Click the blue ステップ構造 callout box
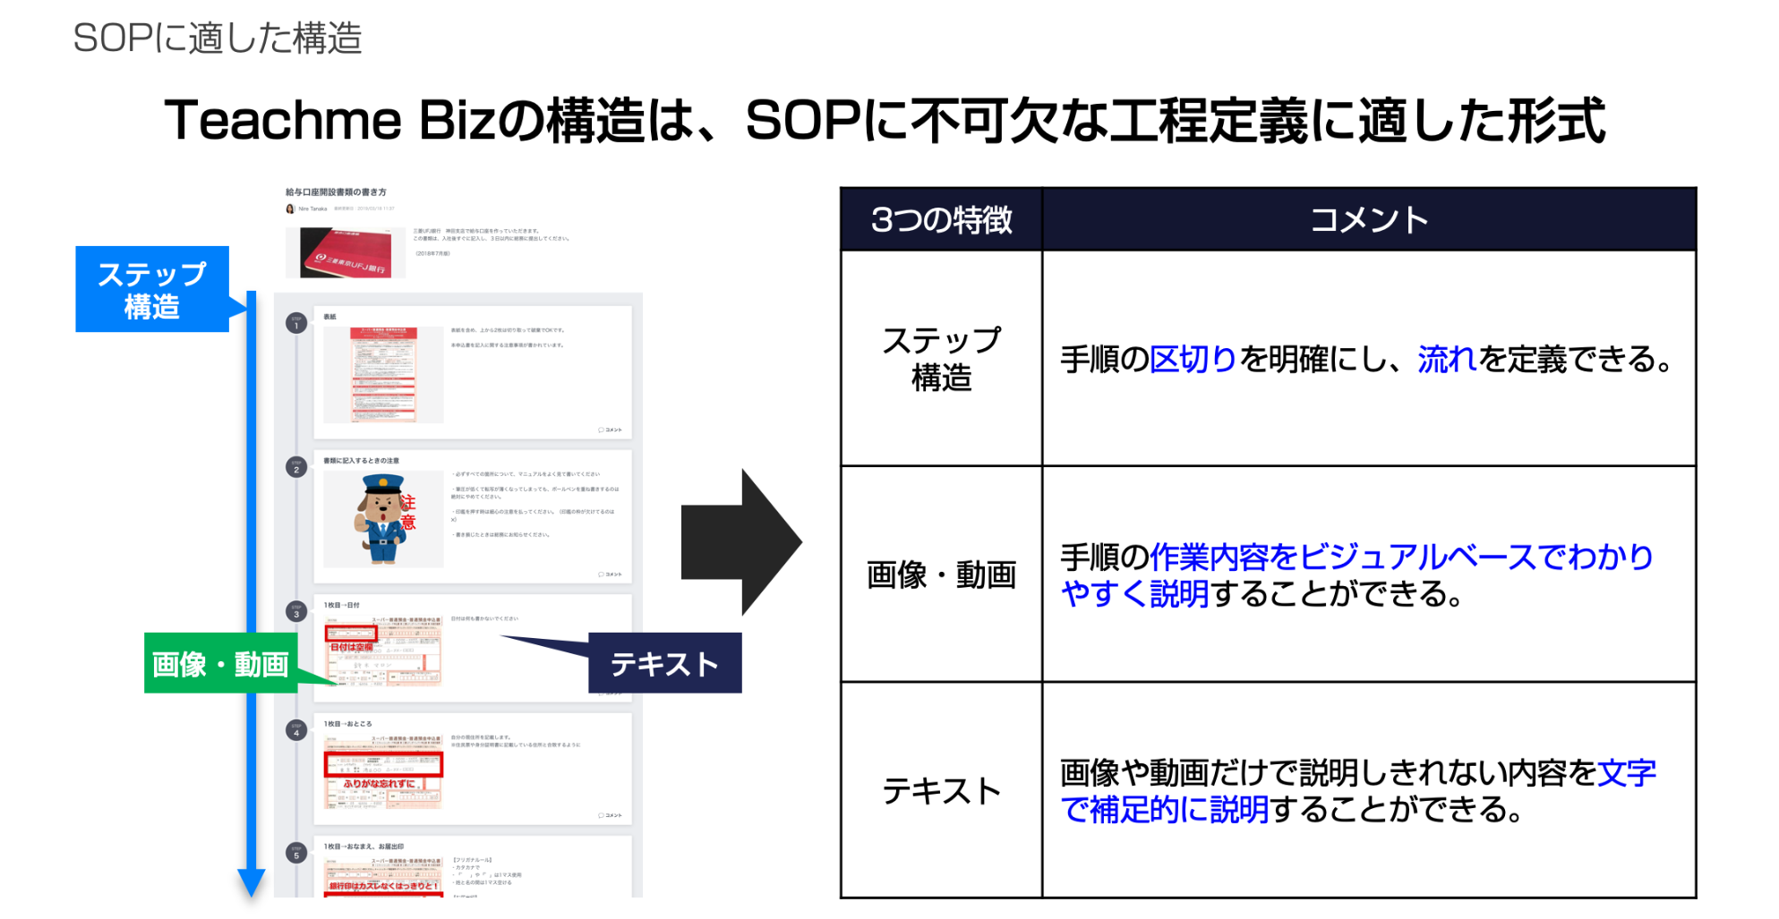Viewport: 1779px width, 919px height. (x=152, y=289)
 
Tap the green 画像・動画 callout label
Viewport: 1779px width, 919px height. (x=220, y=664)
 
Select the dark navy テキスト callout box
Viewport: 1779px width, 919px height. (x=664, y=663)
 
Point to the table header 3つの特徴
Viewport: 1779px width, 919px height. (x=941, y=219)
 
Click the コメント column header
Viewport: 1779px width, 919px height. (x=1368, y=219)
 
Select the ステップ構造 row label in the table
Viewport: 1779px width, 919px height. (x=941, y=359)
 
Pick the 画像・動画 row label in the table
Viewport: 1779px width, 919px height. (x=941, y=574)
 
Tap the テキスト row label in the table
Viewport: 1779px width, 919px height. (x=941, y=791)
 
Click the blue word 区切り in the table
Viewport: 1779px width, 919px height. (x=1193, y=360)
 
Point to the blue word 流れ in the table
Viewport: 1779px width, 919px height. (x=1446, y=360)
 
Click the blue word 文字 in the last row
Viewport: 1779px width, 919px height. (x=1627, y=772)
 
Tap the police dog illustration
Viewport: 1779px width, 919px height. (x=383, y=518)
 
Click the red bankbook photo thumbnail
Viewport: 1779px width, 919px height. (x=346, y=252)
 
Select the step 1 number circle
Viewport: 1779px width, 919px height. (x=296, y=323)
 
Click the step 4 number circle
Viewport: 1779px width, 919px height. (x=296, y=730)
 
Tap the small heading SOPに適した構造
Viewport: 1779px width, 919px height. (x=218, y=38)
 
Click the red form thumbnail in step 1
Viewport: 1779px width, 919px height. (x=383, y=374)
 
